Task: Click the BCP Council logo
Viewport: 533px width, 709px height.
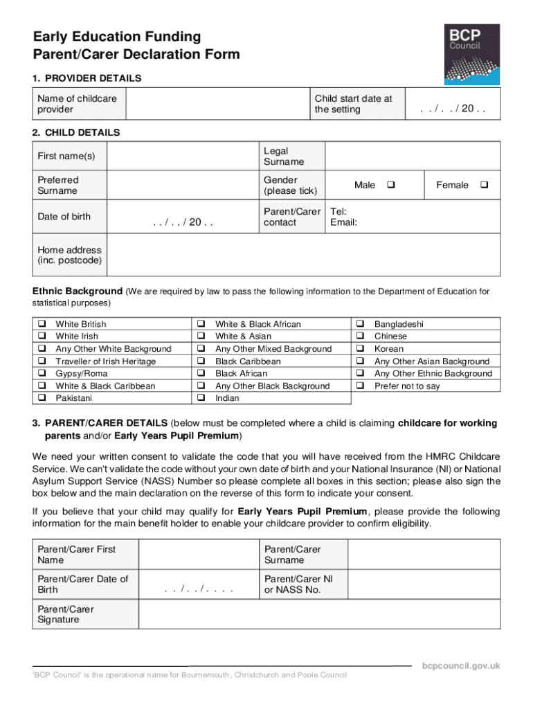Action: tap(471, 55)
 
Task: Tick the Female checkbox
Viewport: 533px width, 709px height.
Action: tap(483, 185)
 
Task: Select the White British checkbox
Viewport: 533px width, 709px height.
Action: tap(42, 324)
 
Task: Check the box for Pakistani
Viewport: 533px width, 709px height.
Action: tap(42, 398)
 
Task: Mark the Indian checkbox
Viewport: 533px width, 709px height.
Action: tap(201, 398)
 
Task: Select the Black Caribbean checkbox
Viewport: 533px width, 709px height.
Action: tap(201, 361)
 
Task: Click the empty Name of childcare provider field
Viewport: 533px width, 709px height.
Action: tap(217, 104)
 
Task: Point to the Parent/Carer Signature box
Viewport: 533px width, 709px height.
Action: tap(319, 615)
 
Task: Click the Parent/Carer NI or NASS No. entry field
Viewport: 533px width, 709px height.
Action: tap(423, 584)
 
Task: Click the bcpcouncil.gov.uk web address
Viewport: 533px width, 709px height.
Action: tap(461, 666)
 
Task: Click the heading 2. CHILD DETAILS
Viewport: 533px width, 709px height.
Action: tap(77, 132)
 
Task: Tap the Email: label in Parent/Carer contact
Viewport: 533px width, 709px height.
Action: tap(344, 222)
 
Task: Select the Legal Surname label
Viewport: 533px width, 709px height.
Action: tap(283, 156)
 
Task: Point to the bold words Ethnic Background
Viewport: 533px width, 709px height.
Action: tap(78, 291)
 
